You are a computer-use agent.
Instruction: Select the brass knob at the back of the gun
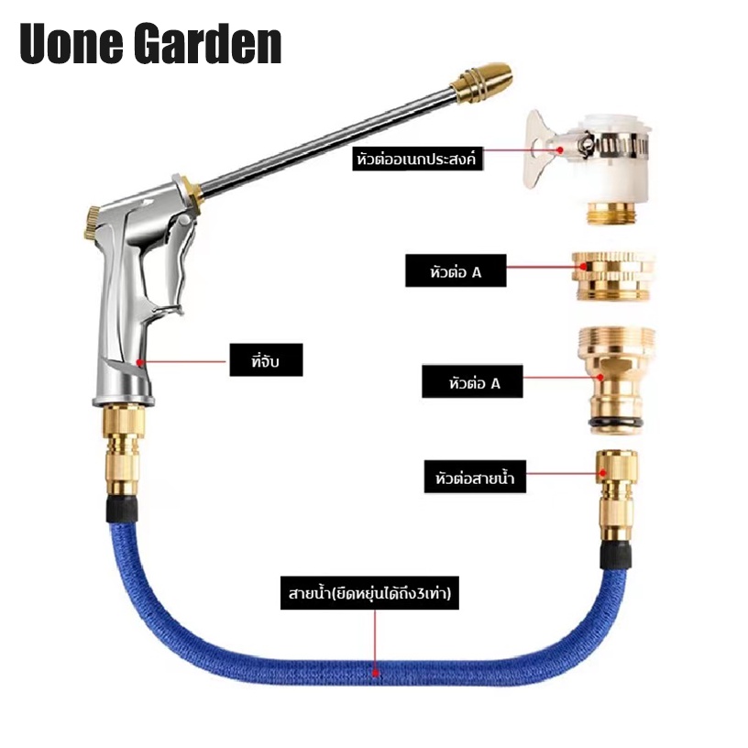click(x=91, y=223)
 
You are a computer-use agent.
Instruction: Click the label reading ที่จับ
click(x=266, y=360)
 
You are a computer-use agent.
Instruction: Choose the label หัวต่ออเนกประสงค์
click(x=417, y=159)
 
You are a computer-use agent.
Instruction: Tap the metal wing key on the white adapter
click(x=544, y=148)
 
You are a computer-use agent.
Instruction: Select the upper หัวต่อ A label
click(x=456, y=270)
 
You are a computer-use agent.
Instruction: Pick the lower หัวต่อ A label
click(x=472, y=381)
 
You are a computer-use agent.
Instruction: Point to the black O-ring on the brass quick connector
click(x=615, y=422)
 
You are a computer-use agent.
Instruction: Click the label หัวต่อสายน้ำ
click(x=475, y=477)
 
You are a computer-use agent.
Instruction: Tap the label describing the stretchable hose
click(x=369, y=593)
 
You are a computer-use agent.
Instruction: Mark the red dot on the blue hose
click(x=376, y=673)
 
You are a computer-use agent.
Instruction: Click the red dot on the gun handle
click(x=139, y=363)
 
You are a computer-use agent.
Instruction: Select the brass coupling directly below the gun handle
click(x=123, y=449)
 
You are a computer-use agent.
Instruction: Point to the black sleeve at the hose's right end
click(x=616, y=554)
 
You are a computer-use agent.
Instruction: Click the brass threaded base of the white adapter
click(x=611, y=213)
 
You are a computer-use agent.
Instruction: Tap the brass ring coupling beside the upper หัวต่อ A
click(x=613, y=276)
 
